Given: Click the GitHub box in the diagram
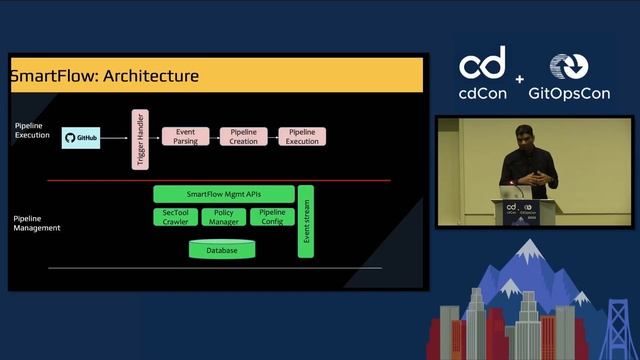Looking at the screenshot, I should point(82,139).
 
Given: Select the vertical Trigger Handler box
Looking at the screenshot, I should point(140,139).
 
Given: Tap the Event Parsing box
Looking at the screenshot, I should point(185,136).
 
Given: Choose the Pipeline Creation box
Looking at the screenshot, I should point(243,136).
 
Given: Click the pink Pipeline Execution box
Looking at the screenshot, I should point(302,136).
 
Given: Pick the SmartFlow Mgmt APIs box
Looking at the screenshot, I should point(224,194).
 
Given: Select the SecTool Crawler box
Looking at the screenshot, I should point(175,217).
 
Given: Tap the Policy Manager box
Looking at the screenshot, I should point(224,217).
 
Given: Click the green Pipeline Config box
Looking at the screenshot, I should point(272,217).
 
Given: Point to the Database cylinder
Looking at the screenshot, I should point(222,250).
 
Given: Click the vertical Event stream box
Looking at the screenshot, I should point(306,221).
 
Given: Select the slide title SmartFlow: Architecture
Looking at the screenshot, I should point(104,76).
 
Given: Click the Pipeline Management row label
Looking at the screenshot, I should point(37,223).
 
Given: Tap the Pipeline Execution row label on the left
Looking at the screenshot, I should point(32,130).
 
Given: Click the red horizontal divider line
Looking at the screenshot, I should point(215,181).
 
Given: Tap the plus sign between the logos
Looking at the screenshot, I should point(520,79).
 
